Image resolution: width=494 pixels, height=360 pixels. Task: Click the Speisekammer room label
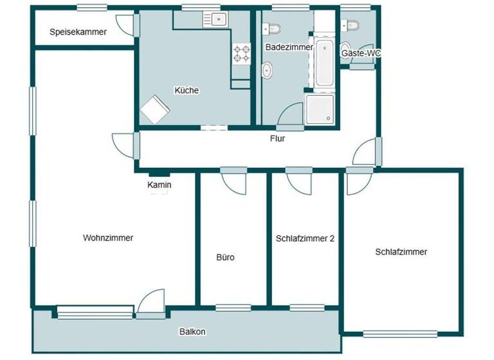pos(78,32)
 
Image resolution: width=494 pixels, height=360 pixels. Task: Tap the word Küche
pos(187,91)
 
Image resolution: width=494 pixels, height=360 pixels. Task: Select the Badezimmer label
pos(289,47)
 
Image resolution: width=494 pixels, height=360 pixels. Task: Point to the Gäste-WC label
pos(360,53)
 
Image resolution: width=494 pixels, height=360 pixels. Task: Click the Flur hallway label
pos(277,138)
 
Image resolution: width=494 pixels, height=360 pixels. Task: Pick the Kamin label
pos(159,185)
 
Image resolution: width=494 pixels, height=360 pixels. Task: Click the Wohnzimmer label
pos(108,238)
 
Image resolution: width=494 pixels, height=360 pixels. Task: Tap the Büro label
pos(225,258)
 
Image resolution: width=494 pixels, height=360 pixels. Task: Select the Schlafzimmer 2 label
pos(305,238)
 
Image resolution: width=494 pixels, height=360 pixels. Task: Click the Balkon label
pos(192,332)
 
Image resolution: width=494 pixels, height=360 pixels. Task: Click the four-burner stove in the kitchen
pos(241,53)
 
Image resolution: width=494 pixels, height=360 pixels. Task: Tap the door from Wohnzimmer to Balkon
pos(152,303)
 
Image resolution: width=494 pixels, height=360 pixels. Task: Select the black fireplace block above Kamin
pos(159,174)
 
